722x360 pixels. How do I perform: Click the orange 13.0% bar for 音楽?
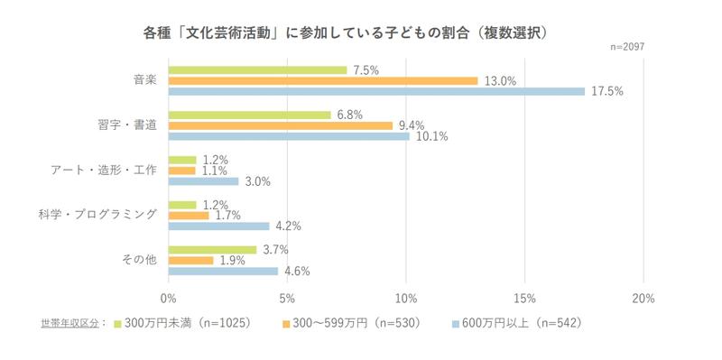click(x=322, y=80)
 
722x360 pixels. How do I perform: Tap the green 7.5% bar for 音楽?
click(x=257, y=69)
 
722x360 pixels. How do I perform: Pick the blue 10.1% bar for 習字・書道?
click(x=288, y=136)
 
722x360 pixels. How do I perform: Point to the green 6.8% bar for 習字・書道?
click(x=249, y=115)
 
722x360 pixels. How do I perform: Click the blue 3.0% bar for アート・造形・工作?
click(x=203, y=181)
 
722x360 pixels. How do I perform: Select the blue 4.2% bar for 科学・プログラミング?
click(x=218, y=226)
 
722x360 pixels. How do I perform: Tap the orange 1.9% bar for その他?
click(x=190, y=260)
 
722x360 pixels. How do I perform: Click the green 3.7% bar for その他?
click(x=212, y=249)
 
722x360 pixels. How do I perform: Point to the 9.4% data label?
click(x=411, y=125)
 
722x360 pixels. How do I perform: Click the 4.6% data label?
click(x=297, y=271)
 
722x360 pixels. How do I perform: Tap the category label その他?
click(x=141, y=260)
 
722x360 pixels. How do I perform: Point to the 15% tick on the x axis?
click(x=524, y=298)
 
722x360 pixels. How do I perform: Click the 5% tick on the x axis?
click(x=286, y=298)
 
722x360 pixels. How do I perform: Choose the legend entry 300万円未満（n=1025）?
click(x=180, y=322)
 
